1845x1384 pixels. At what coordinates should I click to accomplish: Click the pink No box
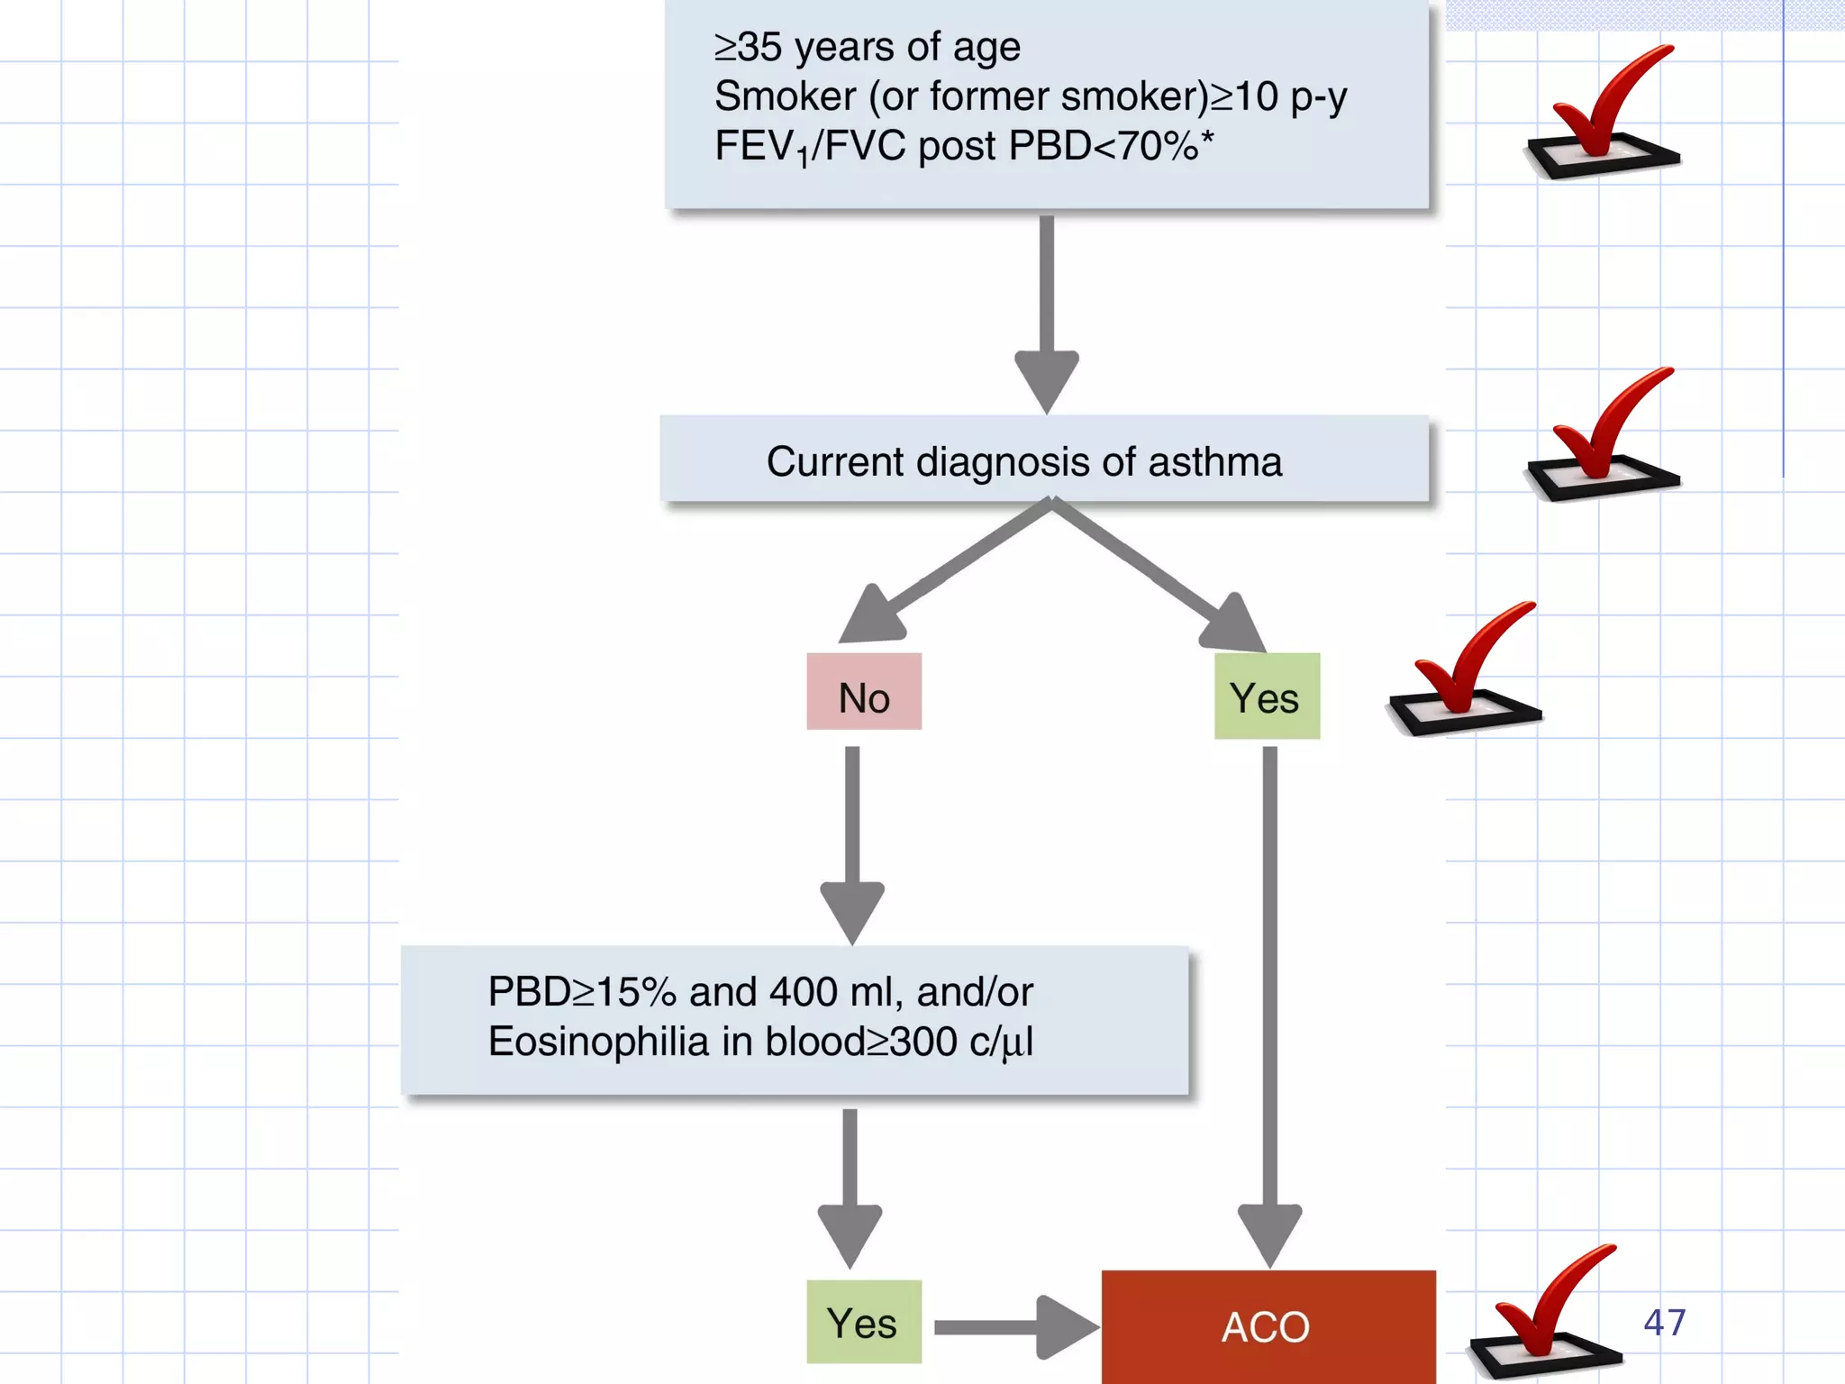pyautogui.click(x=864, y=692)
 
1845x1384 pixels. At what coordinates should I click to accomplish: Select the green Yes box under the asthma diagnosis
pyautogui.click(x=1267, y=697)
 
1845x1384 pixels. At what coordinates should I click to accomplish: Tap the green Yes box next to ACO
pyautogui.click(x=863, y=1322)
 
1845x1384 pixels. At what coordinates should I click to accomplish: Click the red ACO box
pyautogui.click(x=1268, y=1326)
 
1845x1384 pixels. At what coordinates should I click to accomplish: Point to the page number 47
pyautogui.click(x=1664, y=1322)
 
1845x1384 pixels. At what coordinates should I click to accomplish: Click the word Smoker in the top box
pyautogui.click(x=785, y=96)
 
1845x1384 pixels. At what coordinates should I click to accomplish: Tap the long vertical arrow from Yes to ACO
pyautogui.click(x=1269, y=991)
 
